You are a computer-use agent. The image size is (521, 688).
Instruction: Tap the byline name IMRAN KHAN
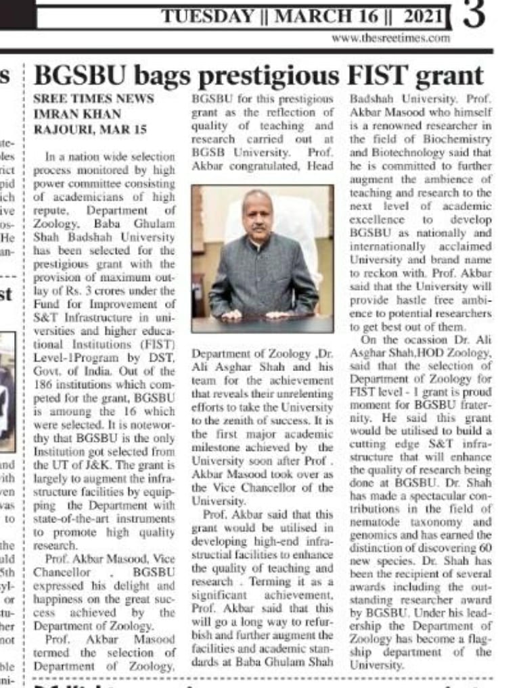click(x=77, y=114)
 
